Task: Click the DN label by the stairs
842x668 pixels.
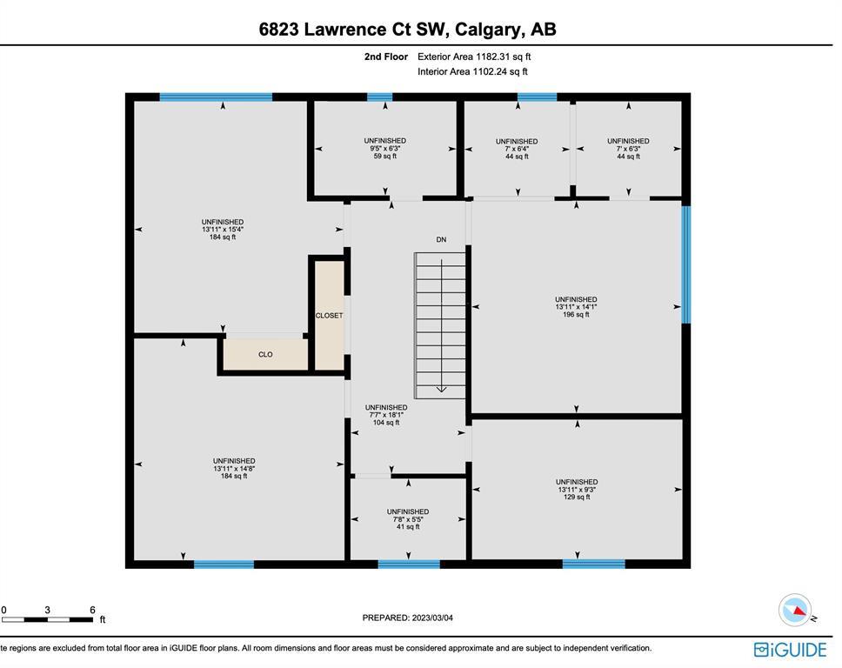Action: (441, 239)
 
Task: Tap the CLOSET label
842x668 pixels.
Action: (329, 316)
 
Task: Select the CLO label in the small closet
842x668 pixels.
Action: (265, 354)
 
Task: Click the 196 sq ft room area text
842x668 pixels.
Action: (576, 315)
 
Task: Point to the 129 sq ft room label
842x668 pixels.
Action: (577, 498)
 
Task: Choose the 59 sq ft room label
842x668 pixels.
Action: (385, 157)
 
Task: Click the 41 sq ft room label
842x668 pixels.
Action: (408, 527)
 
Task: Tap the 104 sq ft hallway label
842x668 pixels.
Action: (386, 423)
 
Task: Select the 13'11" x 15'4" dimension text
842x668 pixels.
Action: (223, 230)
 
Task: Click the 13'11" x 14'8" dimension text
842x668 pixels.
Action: (234, 468)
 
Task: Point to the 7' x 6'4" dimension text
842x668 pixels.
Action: (517, 149)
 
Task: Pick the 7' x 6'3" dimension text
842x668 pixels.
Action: (628, 149)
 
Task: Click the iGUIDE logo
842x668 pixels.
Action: (790, 650)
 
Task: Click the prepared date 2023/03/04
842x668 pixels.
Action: (431, 618)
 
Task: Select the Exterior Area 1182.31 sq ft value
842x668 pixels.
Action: (474, 57)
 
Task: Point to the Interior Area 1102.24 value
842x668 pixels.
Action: (472, 71)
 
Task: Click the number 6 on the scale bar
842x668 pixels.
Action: (92, 610)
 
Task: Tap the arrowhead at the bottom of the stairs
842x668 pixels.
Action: (441, 390)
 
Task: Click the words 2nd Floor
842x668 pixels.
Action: (386, 57)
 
